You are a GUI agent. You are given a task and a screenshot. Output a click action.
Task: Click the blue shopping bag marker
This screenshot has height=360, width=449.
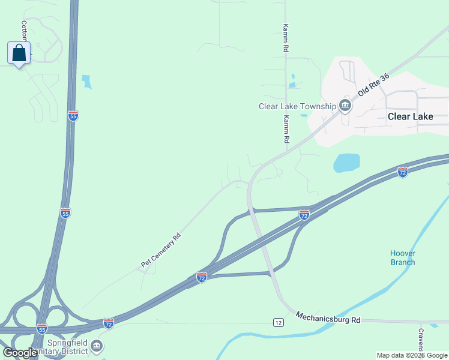coord(19,53)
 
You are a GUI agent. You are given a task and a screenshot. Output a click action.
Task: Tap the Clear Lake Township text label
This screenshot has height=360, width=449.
coord(297,106)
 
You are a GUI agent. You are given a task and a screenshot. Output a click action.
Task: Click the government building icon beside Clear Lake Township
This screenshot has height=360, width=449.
coord(345,106)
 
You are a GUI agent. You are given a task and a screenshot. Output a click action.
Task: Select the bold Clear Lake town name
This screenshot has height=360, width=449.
coord(411,116)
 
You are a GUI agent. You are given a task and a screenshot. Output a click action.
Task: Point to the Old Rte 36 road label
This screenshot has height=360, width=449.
coord(374,85)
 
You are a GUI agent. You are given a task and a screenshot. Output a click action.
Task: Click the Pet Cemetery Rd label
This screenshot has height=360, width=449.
coord(161,250)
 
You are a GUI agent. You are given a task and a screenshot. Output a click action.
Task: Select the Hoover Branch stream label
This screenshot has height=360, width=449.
coord(403,257)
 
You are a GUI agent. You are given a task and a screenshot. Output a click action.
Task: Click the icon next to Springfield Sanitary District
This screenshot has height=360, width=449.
coord(97,346)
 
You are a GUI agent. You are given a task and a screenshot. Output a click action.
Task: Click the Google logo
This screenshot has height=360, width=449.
coord(20,353)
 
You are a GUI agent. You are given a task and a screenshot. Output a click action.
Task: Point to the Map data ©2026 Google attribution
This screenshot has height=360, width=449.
coord(412,355)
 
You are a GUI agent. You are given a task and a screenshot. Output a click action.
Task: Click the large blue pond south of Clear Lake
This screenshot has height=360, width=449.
coord(346,163)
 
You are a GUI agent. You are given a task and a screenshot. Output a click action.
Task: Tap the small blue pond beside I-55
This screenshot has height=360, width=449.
coord(87,82)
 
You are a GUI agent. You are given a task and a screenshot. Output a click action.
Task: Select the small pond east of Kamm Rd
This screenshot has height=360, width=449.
coord(292,79)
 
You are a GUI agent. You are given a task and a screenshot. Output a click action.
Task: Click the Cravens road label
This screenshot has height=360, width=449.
coord(421,340)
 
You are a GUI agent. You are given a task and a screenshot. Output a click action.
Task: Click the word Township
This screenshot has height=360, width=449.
coord(316,106)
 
